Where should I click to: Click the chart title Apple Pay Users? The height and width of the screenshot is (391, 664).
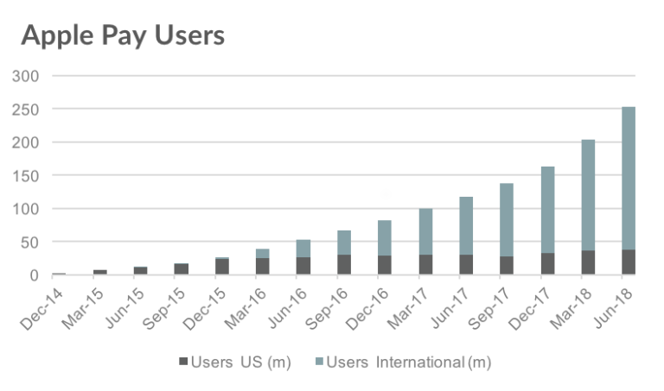tap(122, 35)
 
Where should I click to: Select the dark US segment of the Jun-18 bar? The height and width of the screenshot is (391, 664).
tap(629, 262)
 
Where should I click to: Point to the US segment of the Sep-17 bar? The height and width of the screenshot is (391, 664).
tap(507, 265)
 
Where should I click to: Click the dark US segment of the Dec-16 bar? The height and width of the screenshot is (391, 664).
tap(385, 265)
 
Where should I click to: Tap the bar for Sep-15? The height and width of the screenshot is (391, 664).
tap(182, 268)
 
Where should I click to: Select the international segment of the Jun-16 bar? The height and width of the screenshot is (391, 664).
tap(303, 249)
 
